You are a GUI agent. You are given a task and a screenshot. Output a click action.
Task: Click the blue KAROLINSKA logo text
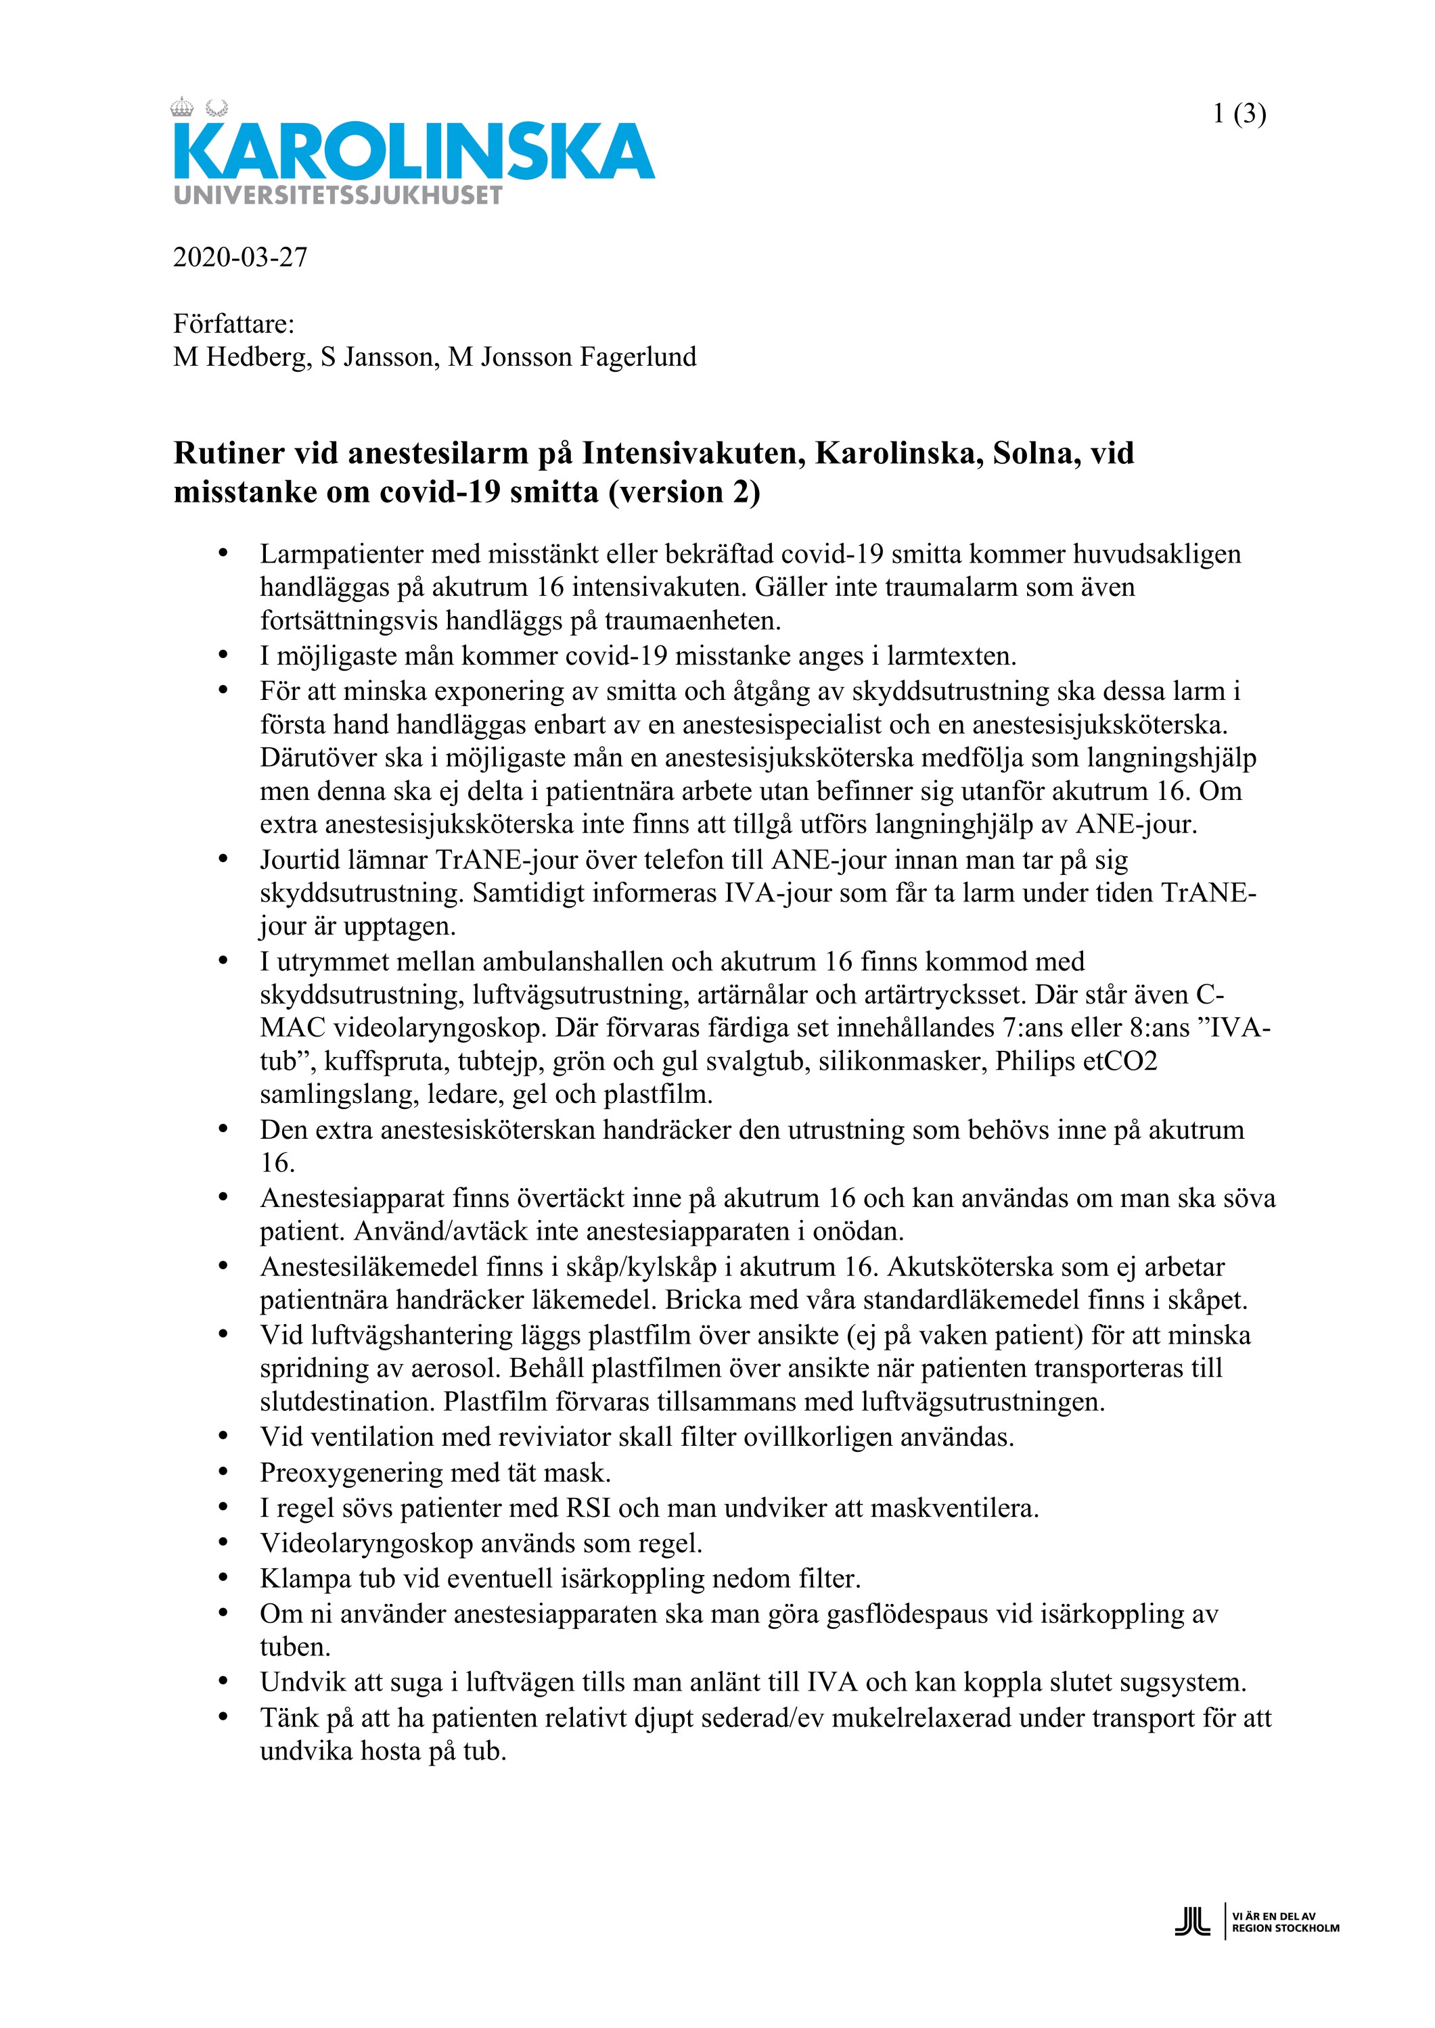tap(413, 152)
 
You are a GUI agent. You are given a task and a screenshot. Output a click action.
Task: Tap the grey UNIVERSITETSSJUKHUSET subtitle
tap(338, 195)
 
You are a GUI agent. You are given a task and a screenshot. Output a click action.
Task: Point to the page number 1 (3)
tap(1239, 114)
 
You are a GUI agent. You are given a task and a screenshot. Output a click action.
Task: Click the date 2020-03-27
tap(240, 257)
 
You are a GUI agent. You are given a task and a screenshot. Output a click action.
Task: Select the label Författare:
tap(234, 324)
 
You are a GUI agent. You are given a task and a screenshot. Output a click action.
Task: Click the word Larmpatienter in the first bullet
tap(340, 555)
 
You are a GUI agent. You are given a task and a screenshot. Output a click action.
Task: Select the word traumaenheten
tap(692, 621)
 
